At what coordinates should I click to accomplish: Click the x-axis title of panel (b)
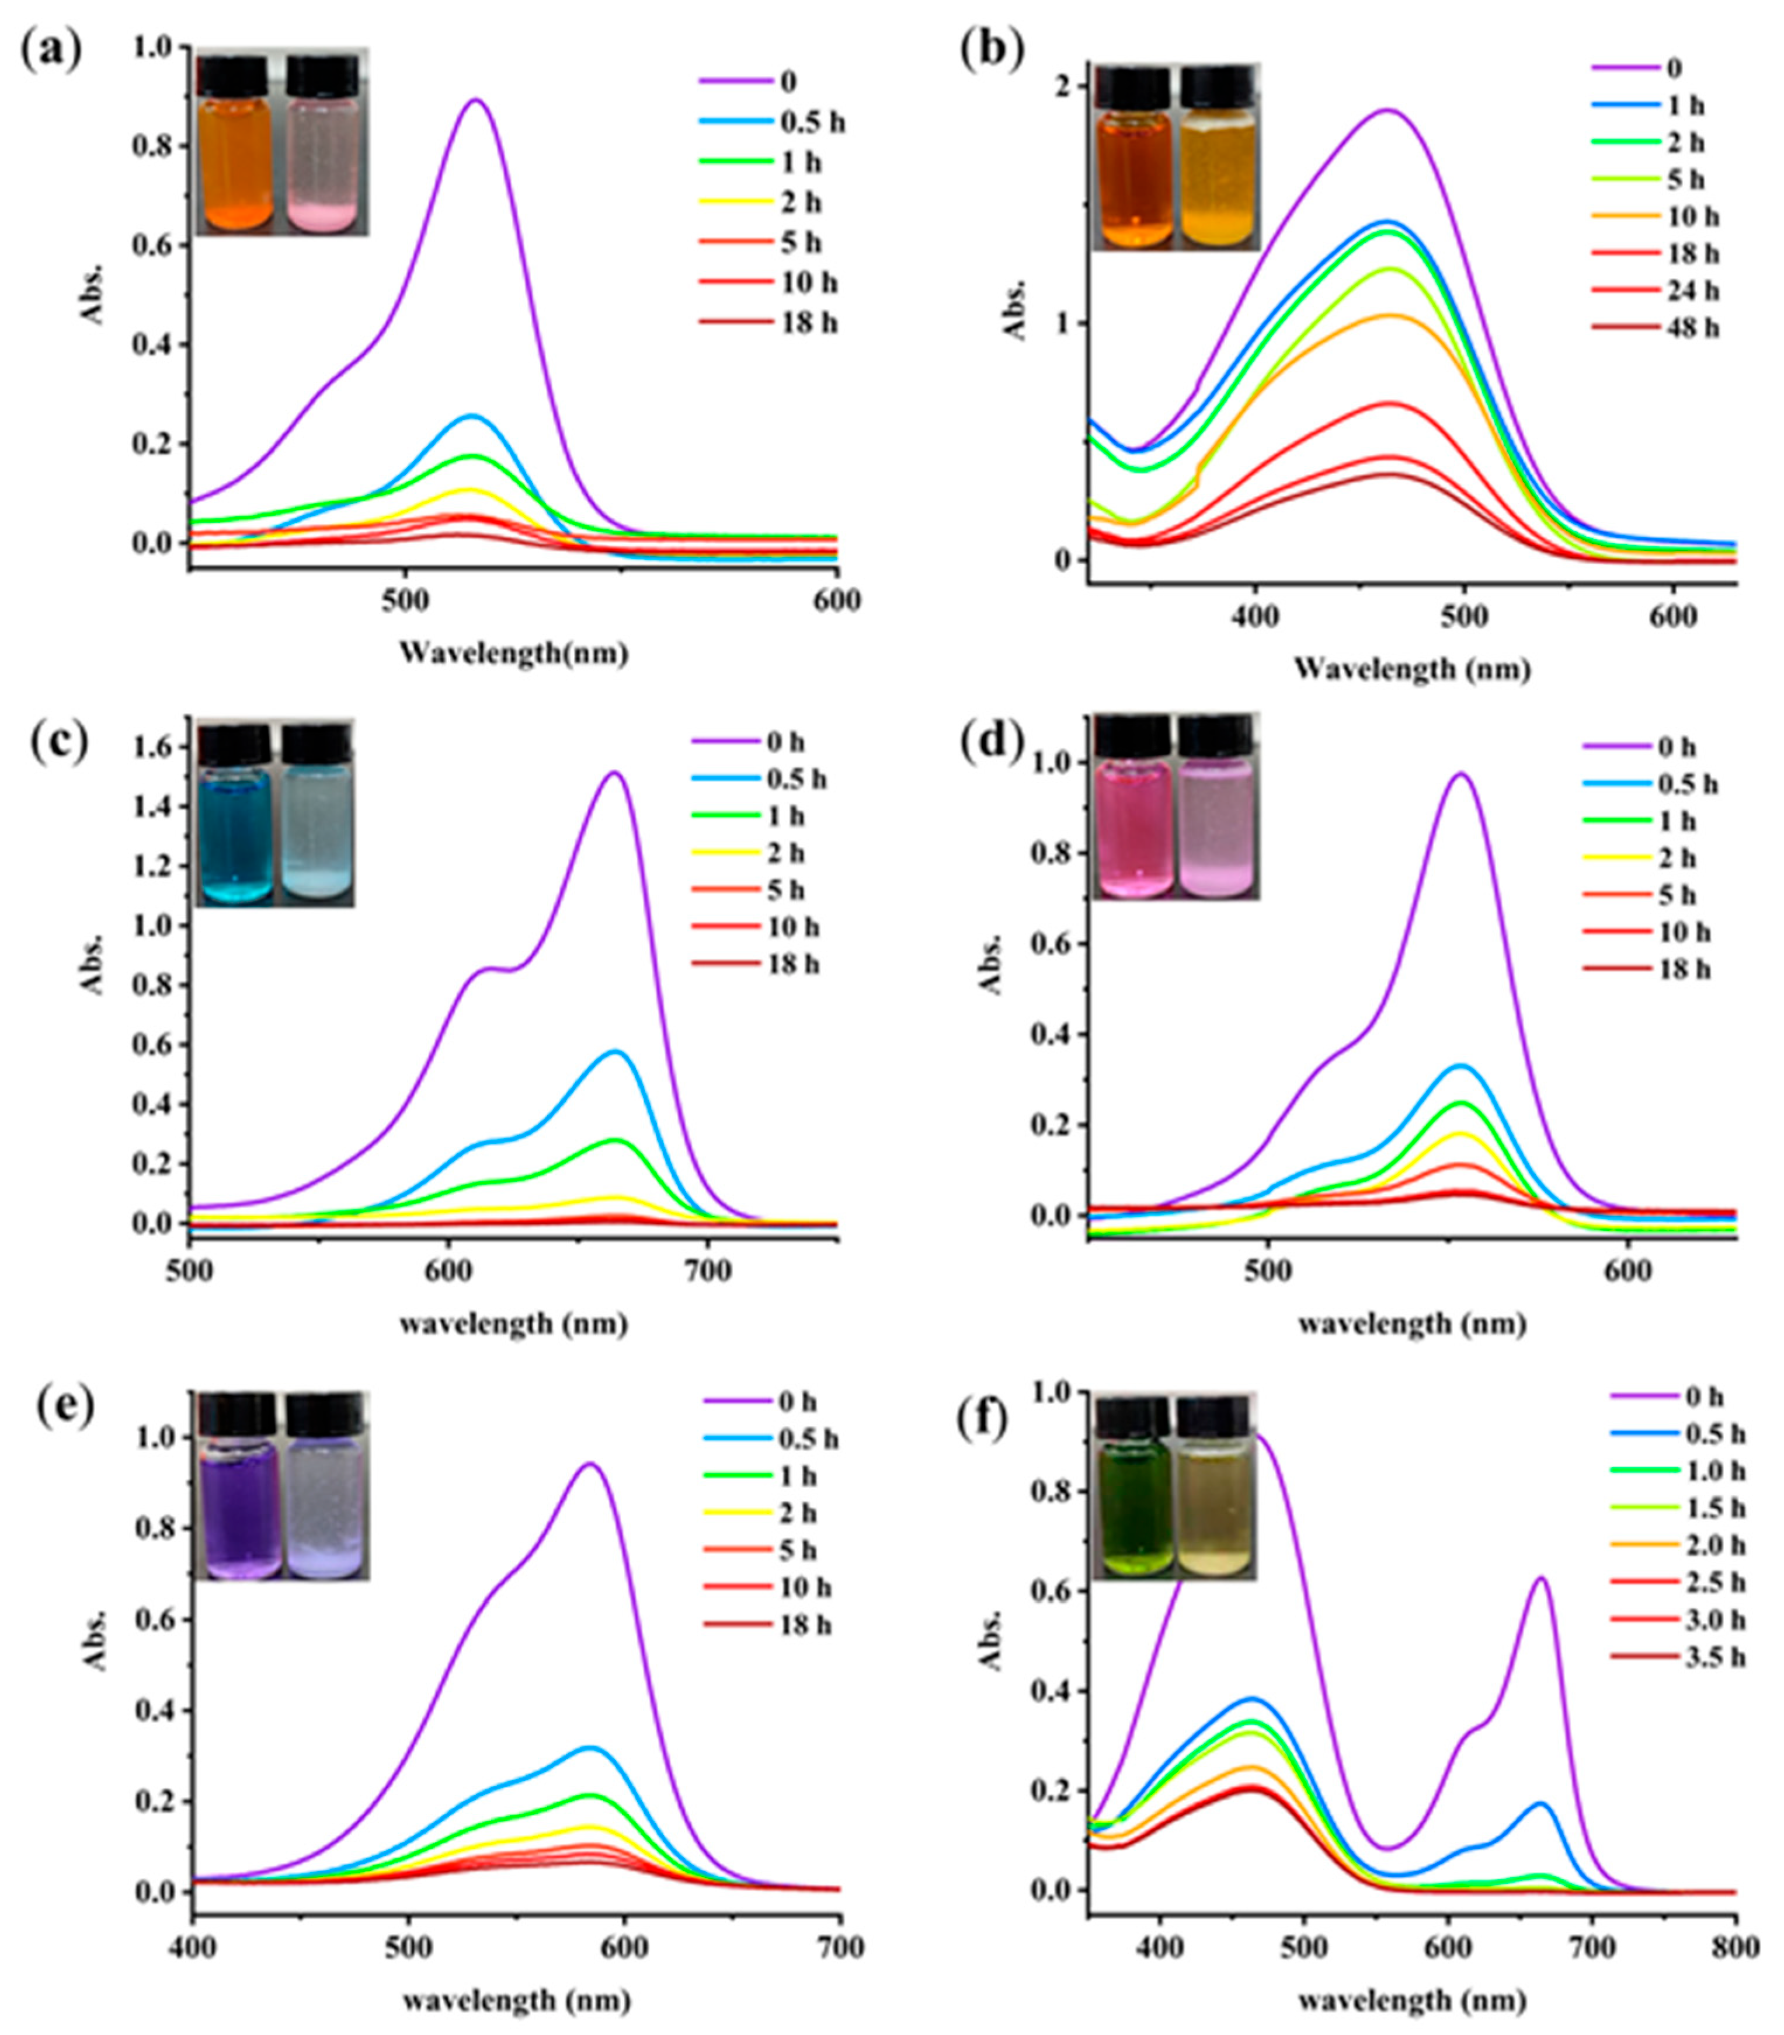(x=1411, y=670)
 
